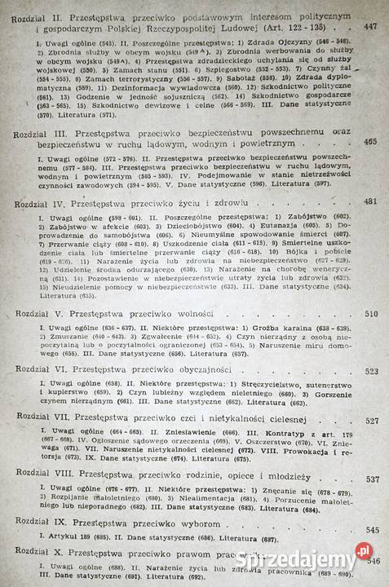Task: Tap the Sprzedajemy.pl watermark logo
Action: (x=340, y=562)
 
